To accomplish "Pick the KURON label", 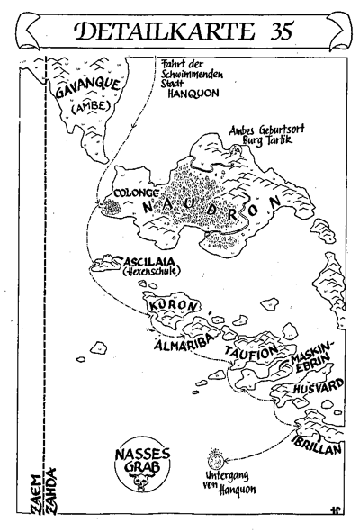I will [x=172, y=304].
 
